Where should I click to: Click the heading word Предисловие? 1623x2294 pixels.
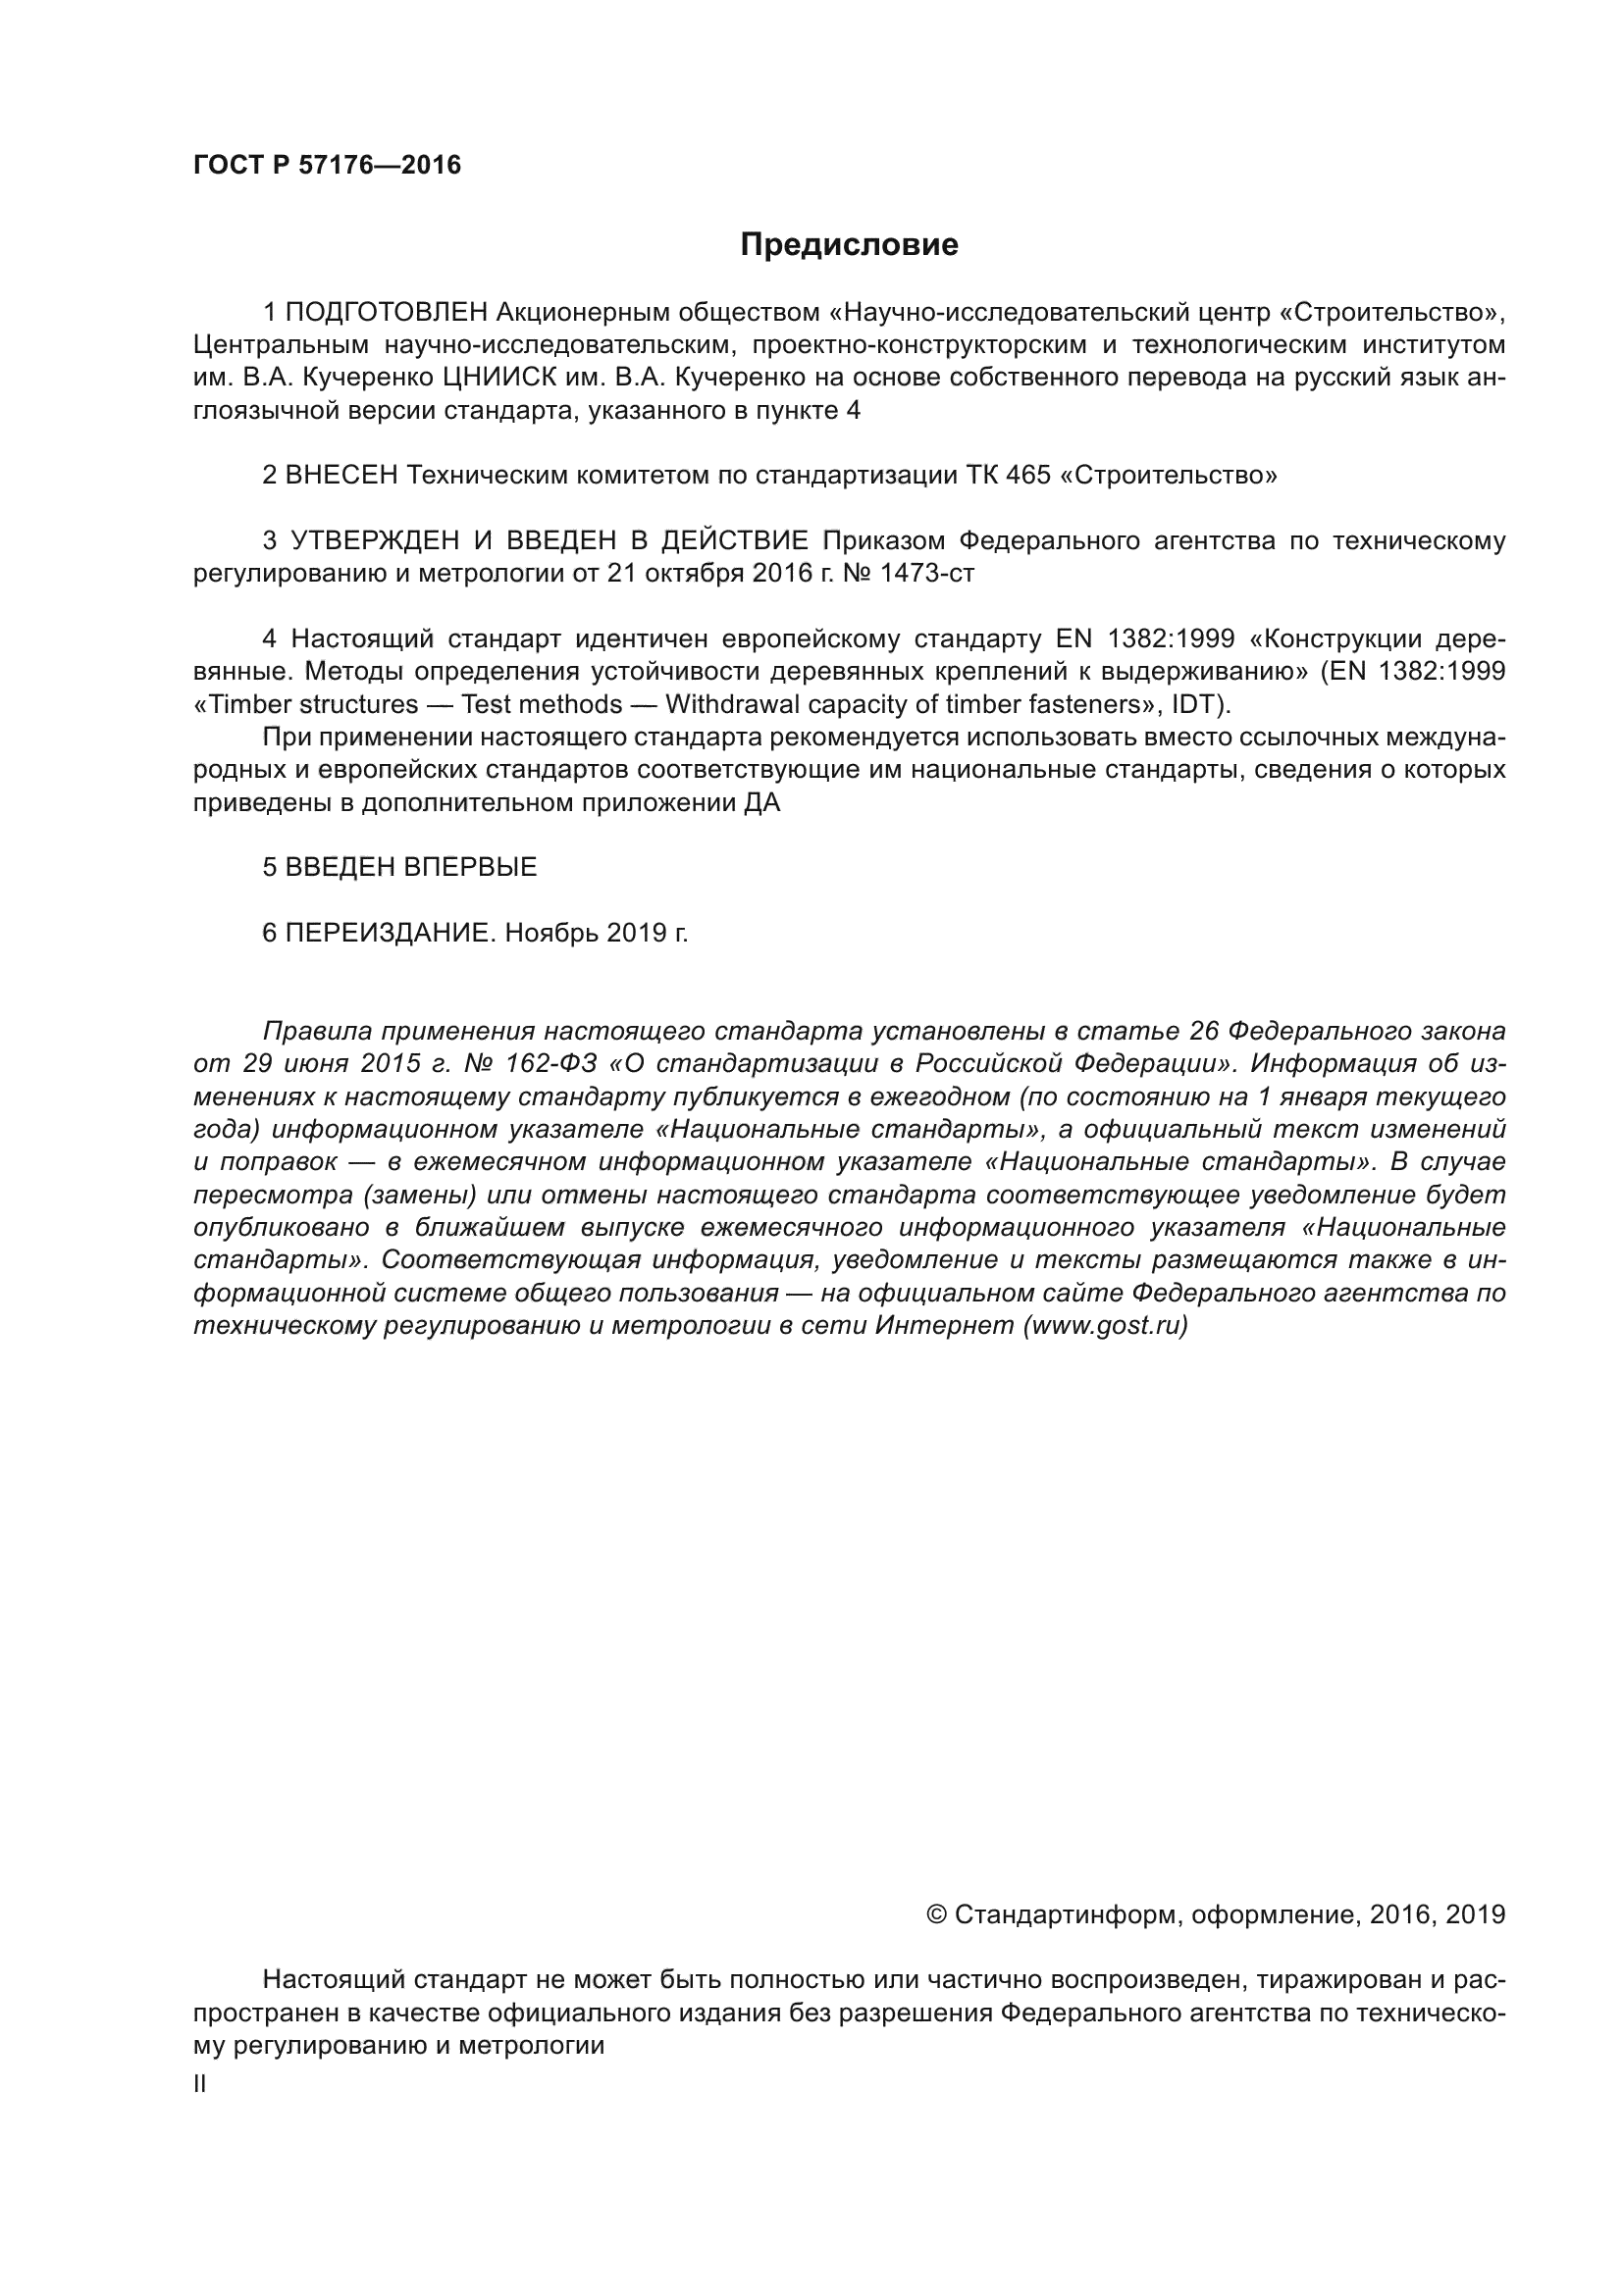(849, 245)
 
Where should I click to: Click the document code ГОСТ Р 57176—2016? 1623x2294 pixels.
(327, 166)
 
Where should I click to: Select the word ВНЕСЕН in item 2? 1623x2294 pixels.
(341, 476)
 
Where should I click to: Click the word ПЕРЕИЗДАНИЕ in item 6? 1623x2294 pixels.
(390, 933)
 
